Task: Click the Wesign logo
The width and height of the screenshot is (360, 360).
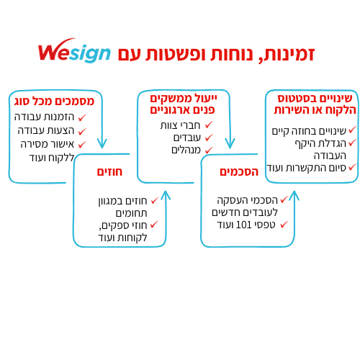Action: [74, 51]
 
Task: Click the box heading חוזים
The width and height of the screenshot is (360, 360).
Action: [109, 172]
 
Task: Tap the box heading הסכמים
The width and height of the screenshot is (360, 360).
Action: [239, 172]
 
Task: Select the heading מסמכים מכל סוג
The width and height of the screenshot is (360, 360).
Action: [54, 102]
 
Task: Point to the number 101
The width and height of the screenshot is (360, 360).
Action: [243, 225]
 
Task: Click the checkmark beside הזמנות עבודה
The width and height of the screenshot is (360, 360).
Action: [82, 117]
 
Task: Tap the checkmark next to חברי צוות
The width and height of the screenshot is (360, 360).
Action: [209, 125]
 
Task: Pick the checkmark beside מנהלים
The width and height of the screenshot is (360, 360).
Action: [209, 150]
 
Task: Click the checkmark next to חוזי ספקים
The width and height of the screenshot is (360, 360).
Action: [154, 225]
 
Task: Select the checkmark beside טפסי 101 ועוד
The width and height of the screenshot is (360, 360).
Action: [284, 225]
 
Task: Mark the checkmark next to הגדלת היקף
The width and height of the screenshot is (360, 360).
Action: [352, 143]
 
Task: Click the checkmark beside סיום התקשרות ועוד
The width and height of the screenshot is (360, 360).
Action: [352, 167]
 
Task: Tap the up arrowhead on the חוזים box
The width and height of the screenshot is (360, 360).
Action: [166, 195]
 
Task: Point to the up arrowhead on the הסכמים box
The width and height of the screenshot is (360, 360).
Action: [294, 195]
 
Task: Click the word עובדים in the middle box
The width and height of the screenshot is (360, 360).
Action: [187, 138]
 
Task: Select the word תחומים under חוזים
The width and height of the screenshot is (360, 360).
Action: [131, 213]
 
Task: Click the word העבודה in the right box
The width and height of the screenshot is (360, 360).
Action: [330, 156]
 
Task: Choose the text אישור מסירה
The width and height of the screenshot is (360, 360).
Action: [48, 144]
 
